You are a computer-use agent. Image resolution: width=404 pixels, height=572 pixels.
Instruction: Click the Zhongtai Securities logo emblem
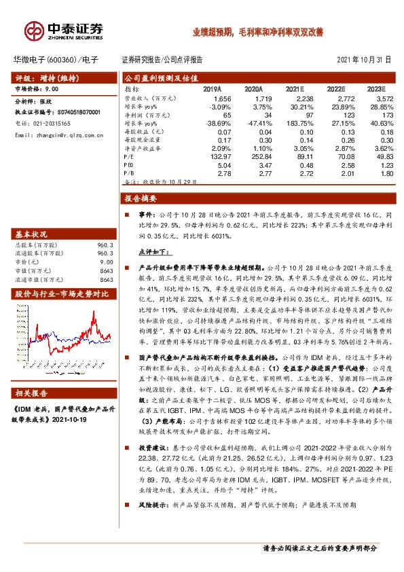coord(35,29)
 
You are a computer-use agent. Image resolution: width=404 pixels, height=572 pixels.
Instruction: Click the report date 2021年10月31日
coord(363,59)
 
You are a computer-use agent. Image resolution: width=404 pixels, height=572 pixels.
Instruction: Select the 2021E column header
coord(294,89)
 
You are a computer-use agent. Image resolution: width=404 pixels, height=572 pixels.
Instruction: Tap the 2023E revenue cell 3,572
coord(375,99)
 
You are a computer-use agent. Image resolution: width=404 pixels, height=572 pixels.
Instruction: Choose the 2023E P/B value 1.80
coord(379,174)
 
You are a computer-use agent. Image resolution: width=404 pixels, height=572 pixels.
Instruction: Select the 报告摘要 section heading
coord(141,199)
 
